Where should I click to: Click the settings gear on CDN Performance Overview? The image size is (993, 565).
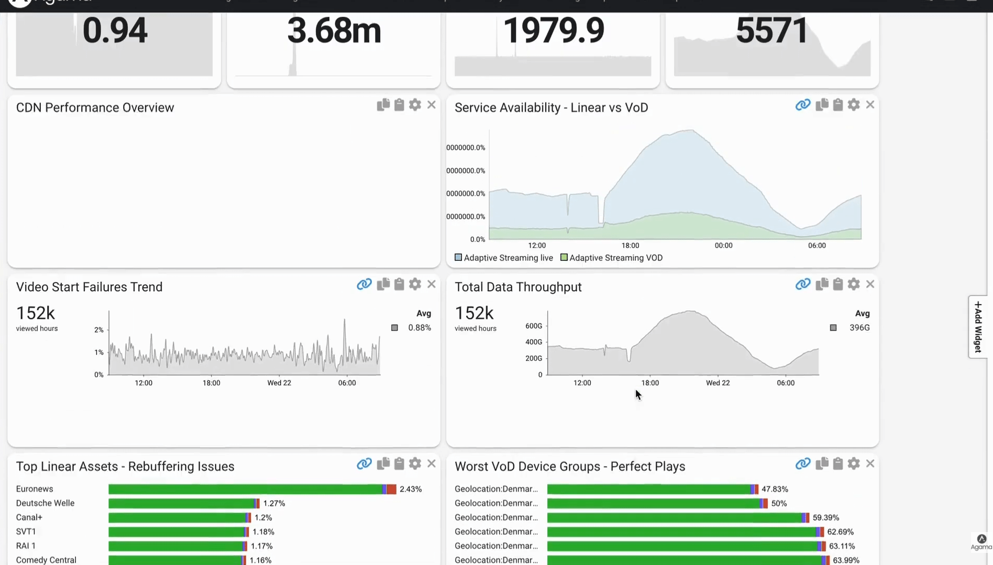(415, 105)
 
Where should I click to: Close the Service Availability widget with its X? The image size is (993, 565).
(870, 105)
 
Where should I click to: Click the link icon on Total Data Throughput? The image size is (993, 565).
(802, 284)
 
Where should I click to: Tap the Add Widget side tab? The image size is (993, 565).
(978, 327)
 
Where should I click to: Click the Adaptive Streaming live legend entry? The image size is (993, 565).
(503, 258)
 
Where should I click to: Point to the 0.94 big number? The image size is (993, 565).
(115, 30)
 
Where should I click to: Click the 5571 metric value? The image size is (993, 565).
(771, 30)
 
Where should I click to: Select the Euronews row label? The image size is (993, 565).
(35, 489)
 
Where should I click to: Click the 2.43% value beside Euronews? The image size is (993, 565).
(411, 489)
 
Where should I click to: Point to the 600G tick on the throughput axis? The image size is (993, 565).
(534, 326)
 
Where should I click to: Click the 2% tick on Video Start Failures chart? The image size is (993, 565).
(98, 330)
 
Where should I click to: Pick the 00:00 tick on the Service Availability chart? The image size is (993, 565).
(723, 246)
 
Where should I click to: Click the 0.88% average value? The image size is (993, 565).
(420, 328)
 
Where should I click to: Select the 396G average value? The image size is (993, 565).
(859, 328)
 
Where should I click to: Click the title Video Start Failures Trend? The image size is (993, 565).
(90, 287)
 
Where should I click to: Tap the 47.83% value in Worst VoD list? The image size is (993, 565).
(775, 489)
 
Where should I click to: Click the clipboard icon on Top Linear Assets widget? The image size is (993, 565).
(399, 463)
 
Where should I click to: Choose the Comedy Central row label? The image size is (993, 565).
(46, 560)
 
